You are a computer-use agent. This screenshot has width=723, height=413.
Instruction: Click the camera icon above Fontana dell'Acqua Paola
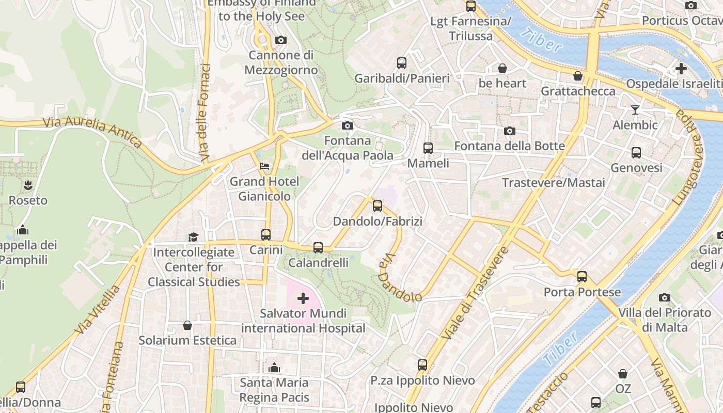point(348,125)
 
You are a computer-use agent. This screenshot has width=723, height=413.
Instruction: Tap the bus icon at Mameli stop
point(428,148)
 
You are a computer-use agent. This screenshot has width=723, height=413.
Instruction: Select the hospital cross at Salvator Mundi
point(303,298)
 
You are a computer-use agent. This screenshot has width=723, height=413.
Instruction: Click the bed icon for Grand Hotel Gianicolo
point(264,166)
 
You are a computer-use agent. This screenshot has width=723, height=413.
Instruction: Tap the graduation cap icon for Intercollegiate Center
point(193,237)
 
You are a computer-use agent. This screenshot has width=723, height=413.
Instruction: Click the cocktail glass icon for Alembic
point(635,110)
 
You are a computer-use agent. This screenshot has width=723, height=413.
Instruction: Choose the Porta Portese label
point(582,292)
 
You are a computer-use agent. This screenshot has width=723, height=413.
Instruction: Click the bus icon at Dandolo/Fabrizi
point(378,206)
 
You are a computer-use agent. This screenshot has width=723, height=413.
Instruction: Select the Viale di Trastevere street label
point(475,293)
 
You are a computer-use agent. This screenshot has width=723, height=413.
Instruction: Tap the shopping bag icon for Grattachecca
point(578,76)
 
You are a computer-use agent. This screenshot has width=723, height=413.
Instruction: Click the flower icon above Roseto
point(28,185)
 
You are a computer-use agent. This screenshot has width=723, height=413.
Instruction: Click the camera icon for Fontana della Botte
point(509,131)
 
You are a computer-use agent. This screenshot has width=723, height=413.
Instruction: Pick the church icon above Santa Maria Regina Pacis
point(274,368)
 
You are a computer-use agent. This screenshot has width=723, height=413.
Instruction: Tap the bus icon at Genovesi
point(636,153)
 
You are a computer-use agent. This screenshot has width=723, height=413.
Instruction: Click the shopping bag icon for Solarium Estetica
point(187,325)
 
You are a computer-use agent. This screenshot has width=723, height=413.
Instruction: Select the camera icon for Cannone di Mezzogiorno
point(281,40)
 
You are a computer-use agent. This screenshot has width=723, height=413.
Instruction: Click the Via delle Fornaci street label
point(205,111)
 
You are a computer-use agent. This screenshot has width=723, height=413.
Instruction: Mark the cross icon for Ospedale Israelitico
point(681,68)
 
